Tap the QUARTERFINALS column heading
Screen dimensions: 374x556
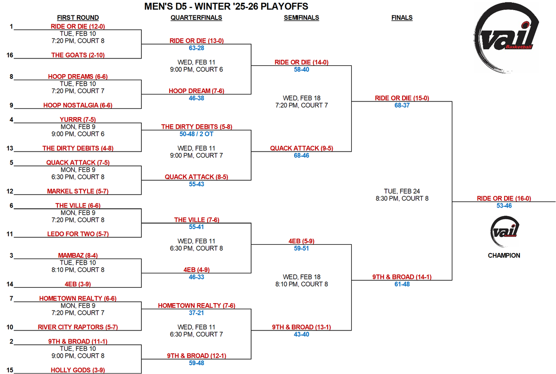[196, 18]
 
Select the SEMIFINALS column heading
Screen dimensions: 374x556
[301, 18]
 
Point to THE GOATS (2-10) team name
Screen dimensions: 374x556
[69, 55]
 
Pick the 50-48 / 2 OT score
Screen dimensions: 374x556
[196, 134]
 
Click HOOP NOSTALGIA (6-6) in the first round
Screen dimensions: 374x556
[78, 105]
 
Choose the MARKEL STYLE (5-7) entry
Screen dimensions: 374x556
[77, 191]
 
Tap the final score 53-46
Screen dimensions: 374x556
[504, 206]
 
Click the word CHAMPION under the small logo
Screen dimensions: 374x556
[504, 255]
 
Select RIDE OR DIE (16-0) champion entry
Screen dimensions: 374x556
[504, 198]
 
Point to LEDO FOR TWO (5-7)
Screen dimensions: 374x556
[77, 234]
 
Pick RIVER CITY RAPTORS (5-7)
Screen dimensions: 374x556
[78, 327]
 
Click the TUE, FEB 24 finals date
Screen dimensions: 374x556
[401, 191]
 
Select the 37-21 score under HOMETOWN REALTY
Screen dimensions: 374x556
[196, 313]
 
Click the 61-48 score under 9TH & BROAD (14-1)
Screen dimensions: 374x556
[402, 285]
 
